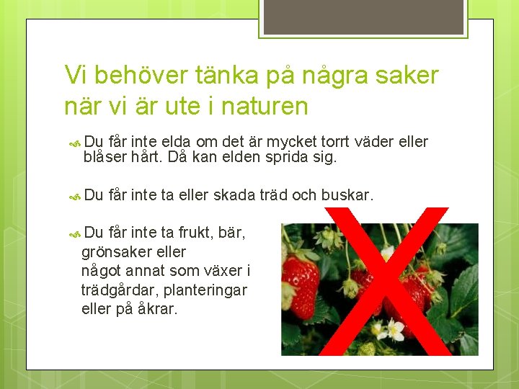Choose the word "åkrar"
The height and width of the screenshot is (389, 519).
click(x=157, y=309)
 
